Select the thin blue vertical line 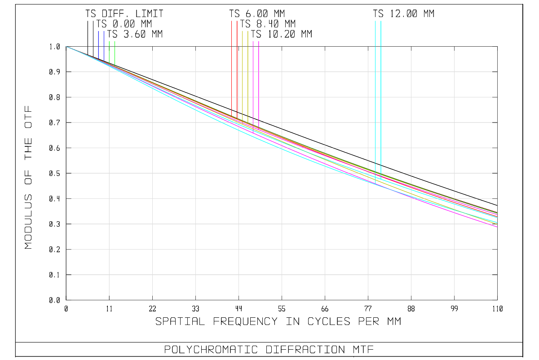click(104, 45)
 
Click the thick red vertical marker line click(237, 67)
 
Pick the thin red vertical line click(232, 67)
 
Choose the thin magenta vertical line click(253, 81)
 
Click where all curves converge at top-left click(66, 47)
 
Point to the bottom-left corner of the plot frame click(66, 300)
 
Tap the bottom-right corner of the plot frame click(497, 300)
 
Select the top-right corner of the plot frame click(497, 47)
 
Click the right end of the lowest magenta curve click(497, 227)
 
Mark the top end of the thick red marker click(237, 21)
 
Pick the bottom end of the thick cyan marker click(381, 179)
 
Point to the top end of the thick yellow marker click(248, 31)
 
